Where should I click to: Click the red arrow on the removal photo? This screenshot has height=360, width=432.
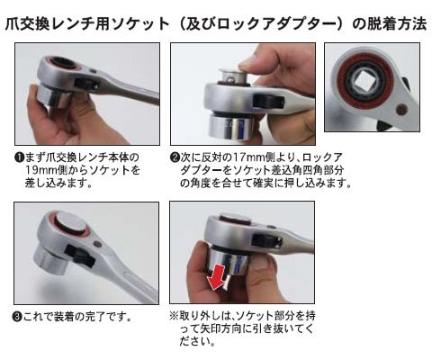(x=218, y=277)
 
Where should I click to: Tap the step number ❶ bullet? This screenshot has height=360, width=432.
(x=19, y=157)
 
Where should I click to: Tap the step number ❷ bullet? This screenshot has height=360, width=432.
(x=175, y=157)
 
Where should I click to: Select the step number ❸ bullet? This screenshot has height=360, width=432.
(x=18, y=317)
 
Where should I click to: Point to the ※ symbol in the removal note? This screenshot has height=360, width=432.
(x=175, y=316)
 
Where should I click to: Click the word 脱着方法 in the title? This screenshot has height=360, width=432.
(x=390, y=23)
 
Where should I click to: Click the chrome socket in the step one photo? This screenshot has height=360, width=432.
(x=53, y=96)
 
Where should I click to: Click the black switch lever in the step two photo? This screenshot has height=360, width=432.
(x=269, y=101)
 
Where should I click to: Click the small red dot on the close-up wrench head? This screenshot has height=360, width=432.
(x=400, y=110)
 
